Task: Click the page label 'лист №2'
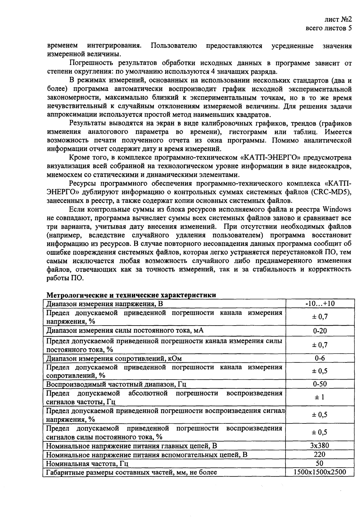(x=339, y=19)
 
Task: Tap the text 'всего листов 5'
(x=329, y=28)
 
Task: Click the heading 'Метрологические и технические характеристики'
(x=131, y=295)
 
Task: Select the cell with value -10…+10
(x=320, y=303)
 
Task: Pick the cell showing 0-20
(x=320, y=331)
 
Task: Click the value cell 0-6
(x=320, y=359)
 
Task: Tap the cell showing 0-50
(x=320, y=384)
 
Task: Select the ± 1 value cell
(x=320, y=397)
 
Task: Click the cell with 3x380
(x=320, y=446)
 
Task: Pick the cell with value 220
(x=320, y=454)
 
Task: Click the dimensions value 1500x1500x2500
(x=320, y=472)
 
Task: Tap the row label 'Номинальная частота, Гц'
(x=87, y=464)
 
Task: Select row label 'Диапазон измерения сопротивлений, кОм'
(x=114, y=359)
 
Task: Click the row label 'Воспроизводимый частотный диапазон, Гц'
(x=117, y=384)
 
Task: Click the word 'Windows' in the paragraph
(x=337, y=210)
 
